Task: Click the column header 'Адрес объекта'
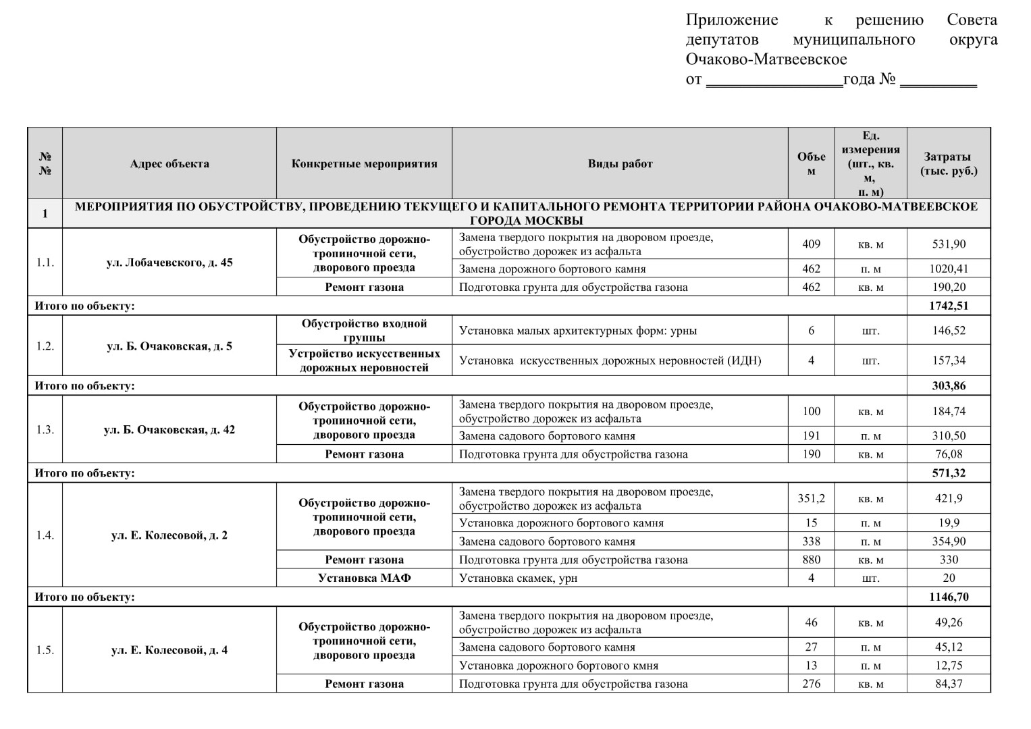click(169, 163)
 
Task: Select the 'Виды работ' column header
click(620, 163)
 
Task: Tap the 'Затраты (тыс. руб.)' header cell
click(949, 163)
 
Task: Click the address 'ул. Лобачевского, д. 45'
click(169, 263)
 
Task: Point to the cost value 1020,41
click(949, 269)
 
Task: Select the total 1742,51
click(949, 306)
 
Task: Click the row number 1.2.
click(45, 346)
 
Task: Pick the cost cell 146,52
click(949, 331)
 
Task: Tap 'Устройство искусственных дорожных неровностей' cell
click(365, 360)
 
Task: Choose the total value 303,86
click(949, 386)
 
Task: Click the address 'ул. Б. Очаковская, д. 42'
click(169, 430)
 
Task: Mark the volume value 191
click(812, 436)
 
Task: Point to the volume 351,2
click(812, 499)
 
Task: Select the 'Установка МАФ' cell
click(365, 578)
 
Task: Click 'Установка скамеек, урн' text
click(518, 578)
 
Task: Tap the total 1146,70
click(949, 597)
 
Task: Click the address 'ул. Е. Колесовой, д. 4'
click(169, 651)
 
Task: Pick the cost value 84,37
click(949, 684)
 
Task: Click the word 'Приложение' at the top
click(732, 20)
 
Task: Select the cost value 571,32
click(949, 473)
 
